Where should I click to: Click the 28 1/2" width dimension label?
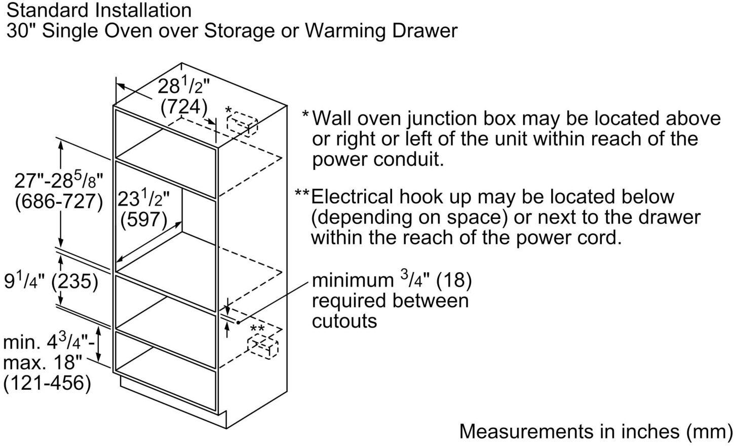pyautogui.click(x=184, y=86)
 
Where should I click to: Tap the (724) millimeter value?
pyautogui.click(x=184, y=107)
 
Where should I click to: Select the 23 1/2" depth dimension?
pyautogui.click(x=143, y=199)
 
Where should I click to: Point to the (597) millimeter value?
pyautogui.click(x=144, y=219)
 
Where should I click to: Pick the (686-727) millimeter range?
pyautogui.click(x=59, y=201)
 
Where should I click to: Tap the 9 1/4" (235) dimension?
pyautogui.click(x=51, y=281)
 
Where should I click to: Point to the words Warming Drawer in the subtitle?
pyautogui.click(x=381, y=31)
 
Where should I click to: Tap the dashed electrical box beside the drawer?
pyautogui.click(x=263, y=347)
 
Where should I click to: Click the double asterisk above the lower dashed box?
pyautogui.click(x=257, y=328)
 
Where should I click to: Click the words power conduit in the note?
pyautogui.click(x=378, y=160)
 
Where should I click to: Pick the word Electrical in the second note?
pyautogui.click(x=352, y=197)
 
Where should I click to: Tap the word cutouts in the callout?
pyautogui.click(x=344, y=321)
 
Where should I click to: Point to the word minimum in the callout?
pyautogui.click(x=353, y=280)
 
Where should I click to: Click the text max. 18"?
pyautogui.click(x=43, y=362)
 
